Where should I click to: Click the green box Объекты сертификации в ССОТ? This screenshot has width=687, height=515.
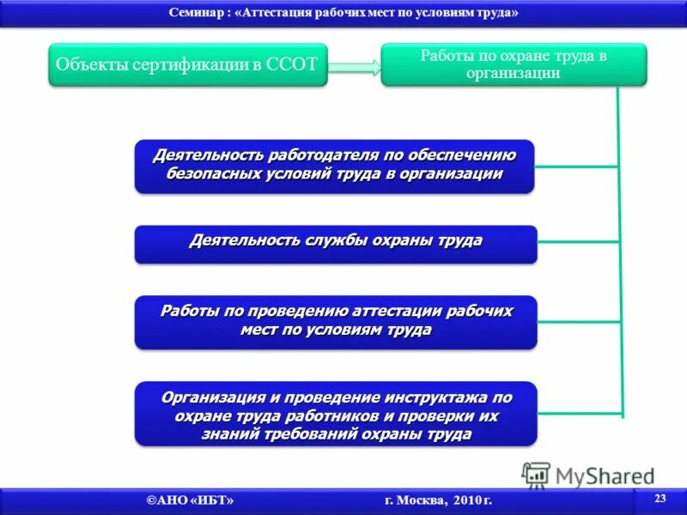click(x=187, y=64)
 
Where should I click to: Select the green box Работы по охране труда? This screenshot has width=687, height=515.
click(x=514, y=64)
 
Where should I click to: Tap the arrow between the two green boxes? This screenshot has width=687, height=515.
click(x=355, y=66)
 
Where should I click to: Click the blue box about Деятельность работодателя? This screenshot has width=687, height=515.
click(x=335, y=166)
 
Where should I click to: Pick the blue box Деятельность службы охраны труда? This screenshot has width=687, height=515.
click(x=335, y=243)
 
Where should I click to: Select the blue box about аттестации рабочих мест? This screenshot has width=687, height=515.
click(x=335, y=321)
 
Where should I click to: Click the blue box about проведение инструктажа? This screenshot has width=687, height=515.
click(x=335, y=413)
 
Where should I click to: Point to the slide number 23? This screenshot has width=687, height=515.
click(x=660, y=499)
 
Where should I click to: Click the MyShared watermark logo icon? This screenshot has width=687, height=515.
click(x=536, y=476)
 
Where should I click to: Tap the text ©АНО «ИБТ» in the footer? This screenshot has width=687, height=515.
click(x=190, y=500)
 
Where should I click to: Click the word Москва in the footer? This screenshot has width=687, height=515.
click(x=415, y=500)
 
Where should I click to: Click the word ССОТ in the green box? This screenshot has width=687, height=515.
click(x=295, y=64)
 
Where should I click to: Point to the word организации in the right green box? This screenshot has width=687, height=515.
click(x=514, y=74)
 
